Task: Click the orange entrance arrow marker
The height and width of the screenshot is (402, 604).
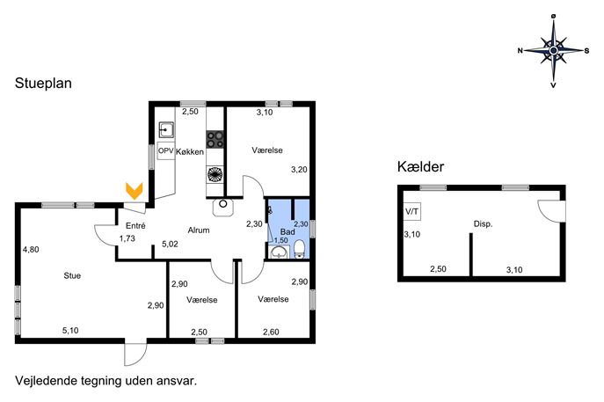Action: [x=134, y=190]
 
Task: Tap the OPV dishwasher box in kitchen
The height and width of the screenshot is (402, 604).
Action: [x=166, y=151]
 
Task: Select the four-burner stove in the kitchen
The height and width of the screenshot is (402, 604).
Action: [x=215, y=140]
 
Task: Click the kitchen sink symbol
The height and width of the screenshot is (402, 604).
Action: [x=166, y=130]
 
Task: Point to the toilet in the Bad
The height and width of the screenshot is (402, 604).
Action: [x=299, y=249]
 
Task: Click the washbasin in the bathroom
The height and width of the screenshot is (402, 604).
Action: [x=279, y=252]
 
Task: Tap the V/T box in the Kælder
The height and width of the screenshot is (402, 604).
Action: [x=411, y=212]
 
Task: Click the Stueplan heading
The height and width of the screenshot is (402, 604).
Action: [x=43, y=84]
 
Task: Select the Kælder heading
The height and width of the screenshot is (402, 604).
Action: [x=420, y=166]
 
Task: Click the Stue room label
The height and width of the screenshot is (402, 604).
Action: [x=72, y=275]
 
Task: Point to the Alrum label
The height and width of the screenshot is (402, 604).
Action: [x=199, y=230]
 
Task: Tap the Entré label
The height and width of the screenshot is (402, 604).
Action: [x=135, y=225]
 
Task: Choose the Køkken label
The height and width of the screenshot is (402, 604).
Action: [x=190, y=152]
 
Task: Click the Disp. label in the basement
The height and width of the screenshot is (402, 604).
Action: [x=483, y=224]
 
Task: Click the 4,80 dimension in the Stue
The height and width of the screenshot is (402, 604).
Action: [x=31, y=250]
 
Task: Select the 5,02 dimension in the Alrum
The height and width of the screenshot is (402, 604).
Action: [x=170, y=244]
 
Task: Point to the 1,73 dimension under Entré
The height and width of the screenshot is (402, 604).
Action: [x=127, y=238]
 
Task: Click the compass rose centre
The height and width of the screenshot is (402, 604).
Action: [x=554, y=50]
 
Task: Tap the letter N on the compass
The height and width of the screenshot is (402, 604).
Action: [x=520, y=50]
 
